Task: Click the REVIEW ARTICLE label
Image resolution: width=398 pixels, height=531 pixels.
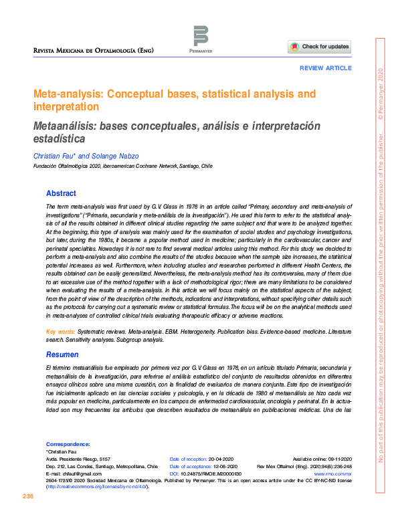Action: pos(326,69)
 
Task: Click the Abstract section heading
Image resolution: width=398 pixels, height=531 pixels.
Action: pos(61,193)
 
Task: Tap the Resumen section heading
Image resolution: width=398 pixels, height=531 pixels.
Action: pos(63,355)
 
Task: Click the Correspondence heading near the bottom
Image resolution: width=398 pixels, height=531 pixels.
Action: pos(68,444)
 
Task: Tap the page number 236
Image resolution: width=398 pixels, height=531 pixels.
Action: pos(27,496)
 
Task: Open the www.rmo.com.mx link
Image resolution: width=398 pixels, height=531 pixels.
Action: pos(353,473)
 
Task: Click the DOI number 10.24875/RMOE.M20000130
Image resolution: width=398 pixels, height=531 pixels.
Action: pos(211,473)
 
